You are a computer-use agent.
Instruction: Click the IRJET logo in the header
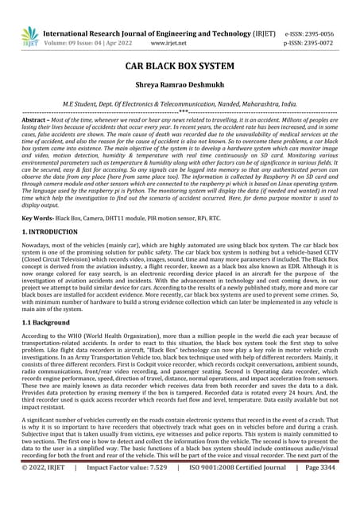coord(29,35)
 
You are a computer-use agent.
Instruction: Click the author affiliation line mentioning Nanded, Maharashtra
coord(180,104)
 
